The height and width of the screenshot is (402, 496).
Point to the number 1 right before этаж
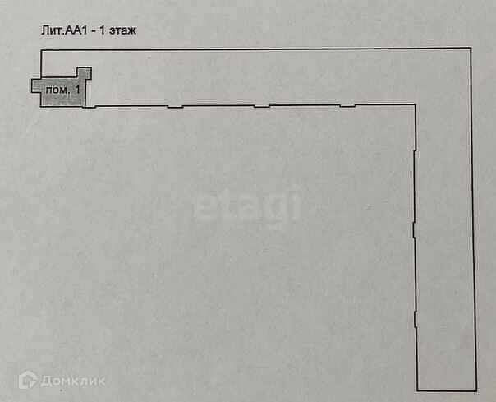(x=101, y=30)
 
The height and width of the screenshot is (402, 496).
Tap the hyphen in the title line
(x=91, y=30)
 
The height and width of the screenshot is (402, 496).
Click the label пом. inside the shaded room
(x=57, y=88)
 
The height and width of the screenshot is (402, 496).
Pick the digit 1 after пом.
(x=76, y=88)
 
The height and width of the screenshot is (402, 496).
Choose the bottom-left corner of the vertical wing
(x=418, y=390)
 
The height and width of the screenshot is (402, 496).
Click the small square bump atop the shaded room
(x=83, y=73)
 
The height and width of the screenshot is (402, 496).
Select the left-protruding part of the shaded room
(x=37, y=85)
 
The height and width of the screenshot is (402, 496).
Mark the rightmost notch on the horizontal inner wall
(x=347, y=105)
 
